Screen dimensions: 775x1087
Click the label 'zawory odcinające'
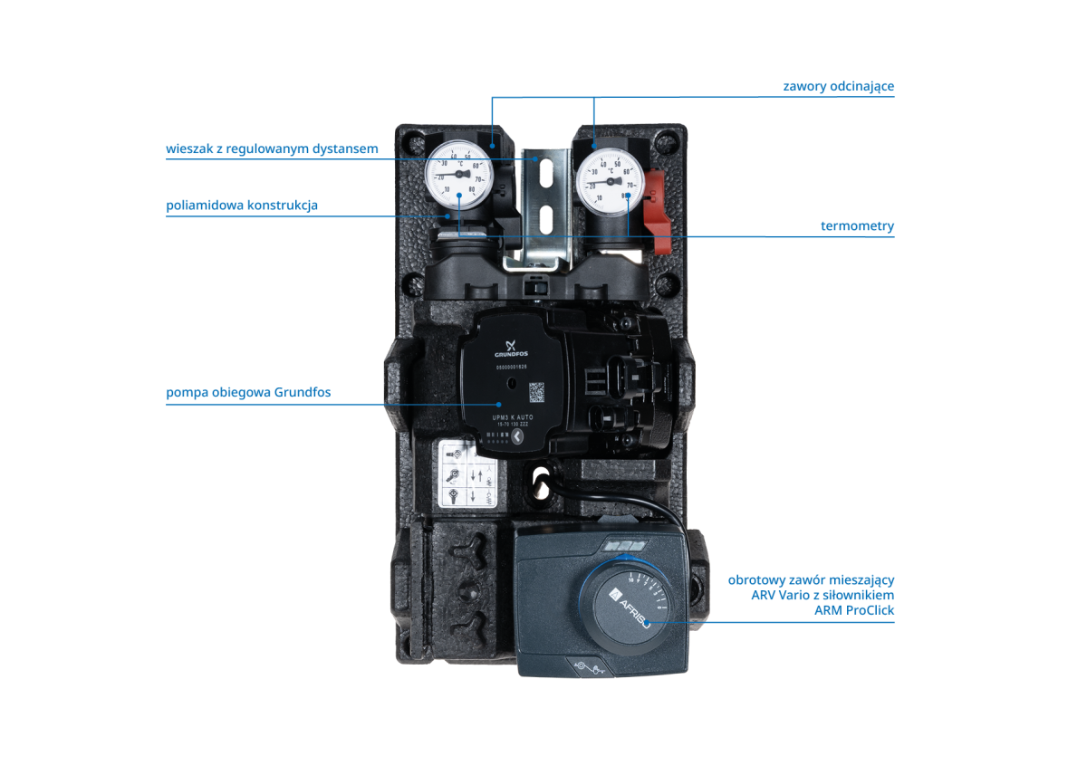coord(838,86)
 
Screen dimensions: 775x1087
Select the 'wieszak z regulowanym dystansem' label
coord(272,148)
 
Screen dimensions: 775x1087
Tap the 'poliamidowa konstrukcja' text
coord(242,206)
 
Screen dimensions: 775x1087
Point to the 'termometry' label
coord(857,226)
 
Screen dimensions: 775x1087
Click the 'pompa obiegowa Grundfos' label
coord(248,392)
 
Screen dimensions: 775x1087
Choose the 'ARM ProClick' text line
coord(854,610)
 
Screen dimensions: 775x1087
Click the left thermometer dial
coord(459,173)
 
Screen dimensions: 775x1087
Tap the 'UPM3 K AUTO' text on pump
coord(513,417)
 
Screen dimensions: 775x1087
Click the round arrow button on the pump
coord(517,436)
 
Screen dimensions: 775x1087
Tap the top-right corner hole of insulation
coord(669,140)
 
